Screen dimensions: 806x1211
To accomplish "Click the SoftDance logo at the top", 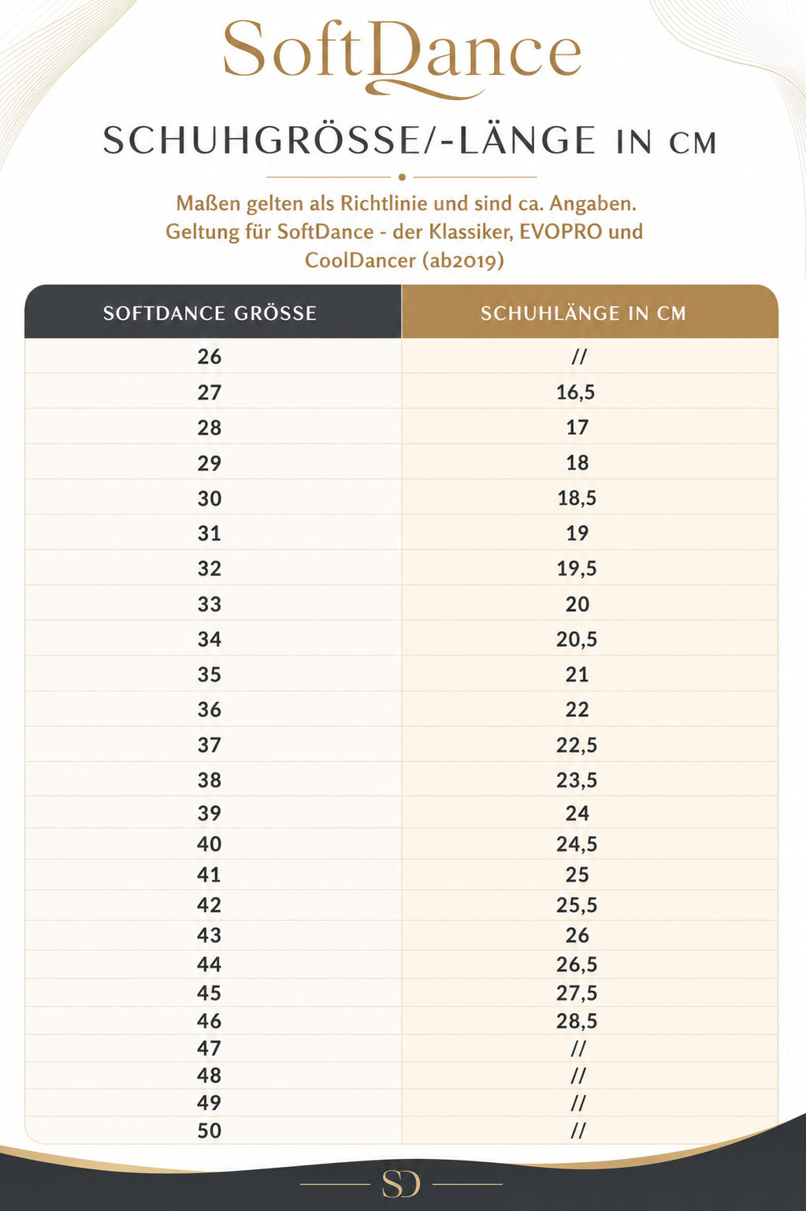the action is tap(403, 57).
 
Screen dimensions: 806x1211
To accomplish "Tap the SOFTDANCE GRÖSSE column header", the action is tap(210, 314).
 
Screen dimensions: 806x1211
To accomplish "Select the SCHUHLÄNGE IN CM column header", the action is tap(583, 314).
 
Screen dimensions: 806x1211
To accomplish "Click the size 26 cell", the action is tap(210, 357).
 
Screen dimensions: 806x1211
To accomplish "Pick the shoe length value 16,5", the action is tap(576, 392).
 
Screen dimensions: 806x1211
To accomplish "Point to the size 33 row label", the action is tap(210, 604).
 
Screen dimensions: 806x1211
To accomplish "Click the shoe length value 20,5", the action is tap(577, 640).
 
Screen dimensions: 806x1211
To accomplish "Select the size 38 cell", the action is tap(210, 780).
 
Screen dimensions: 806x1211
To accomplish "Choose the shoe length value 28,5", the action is tap(577, 1021).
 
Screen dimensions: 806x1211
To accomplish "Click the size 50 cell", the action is tap(210, 1131).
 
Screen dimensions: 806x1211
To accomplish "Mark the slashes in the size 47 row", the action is tap(578, 1049).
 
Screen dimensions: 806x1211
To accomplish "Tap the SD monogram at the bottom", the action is tap(401, 1184).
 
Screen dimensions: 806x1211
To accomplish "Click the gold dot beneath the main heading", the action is tap(402, 176).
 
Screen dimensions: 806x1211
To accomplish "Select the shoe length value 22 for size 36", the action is tap(577, 710).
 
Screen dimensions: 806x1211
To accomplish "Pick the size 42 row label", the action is tap(210, 905).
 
